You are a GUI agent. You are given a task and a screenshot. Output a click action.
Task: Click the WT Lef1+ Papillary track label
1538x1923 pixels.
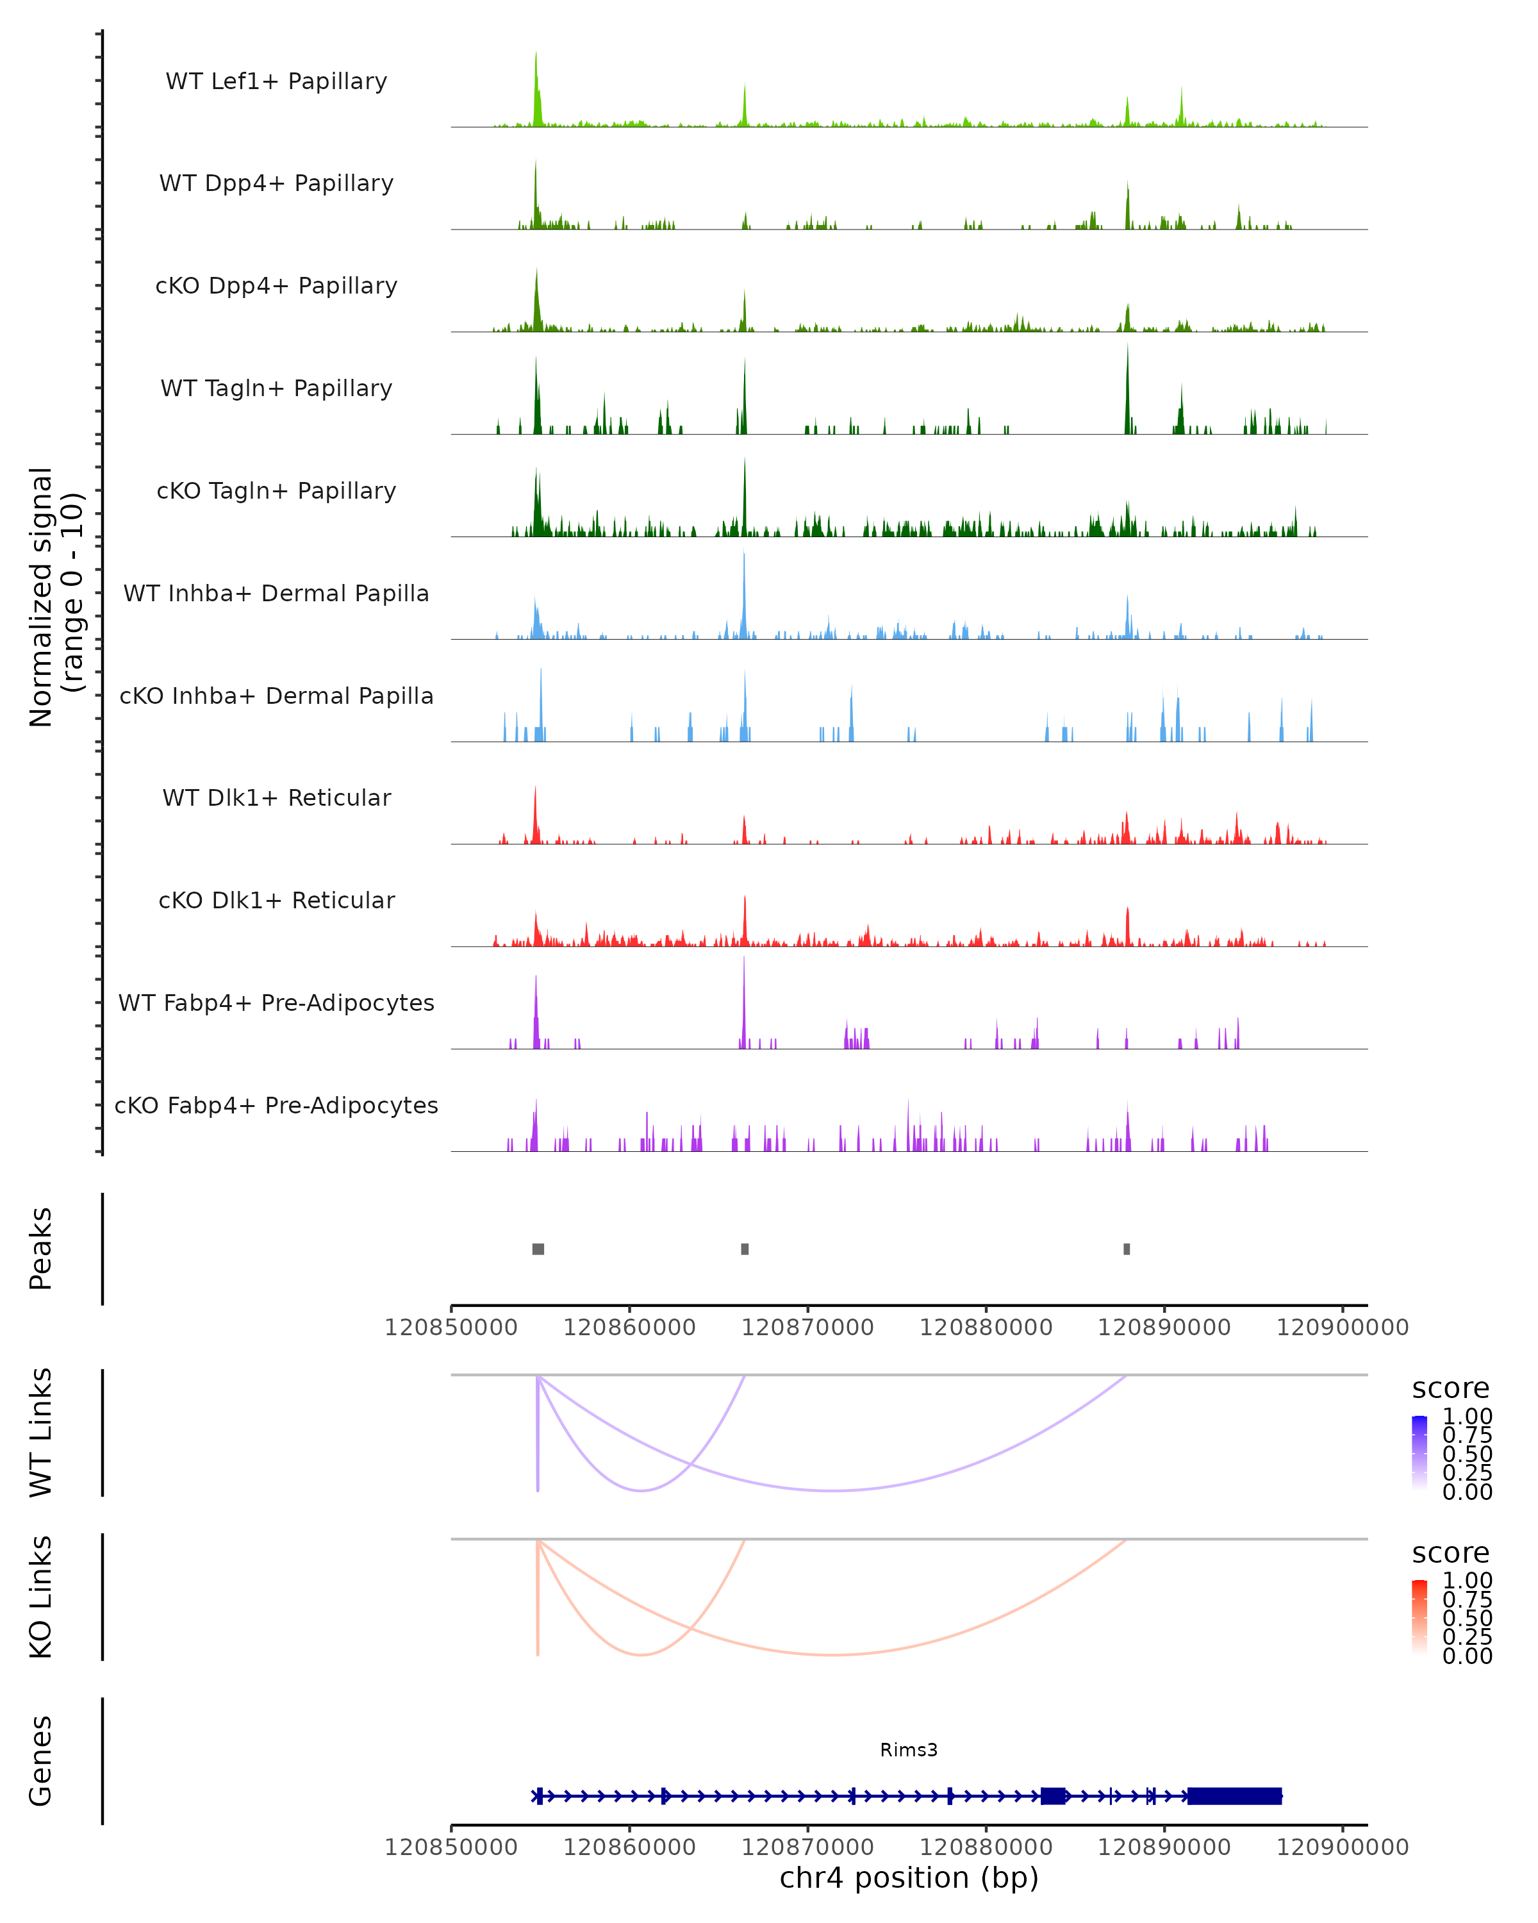pyautogui.click(x=276, y=81)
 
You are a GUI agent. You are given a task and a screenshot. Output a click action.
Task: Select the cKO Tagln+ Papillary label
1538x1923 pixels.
pyautogui.click(x=276, y=490)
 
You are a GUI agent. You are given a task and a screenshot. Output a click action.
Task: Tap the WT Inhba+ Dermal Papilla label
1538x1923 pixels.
pyautogui.click(x=276, y=593)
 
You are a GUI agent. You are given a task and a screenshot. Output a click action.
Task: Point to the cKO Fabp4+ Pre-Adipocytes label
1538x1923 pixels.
pyautogui.click(x=276, y=1105)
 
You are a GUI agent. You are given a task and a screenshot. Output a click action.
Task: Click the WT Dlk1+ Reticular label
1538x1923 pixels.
pyautogui.click(x=276, y=797)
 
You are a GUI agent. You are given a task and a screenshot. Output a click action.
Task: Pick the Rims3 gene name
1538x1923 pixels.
pyautogui.click(x=909, y=1750)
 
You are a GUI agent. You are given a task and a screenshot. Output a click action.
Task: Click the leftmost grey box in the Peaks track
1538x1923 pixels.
pyautogui.click(x=538, y=1249)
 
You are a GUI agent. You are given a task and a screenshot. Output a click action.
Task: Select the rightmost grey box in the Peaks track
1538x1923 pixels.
pyautogui.click(x=1127, y=1249)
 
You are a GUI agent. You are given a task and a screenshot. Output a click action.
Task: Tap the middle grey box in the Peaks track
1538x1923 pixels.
pyautogui.click(x=745, y=1249)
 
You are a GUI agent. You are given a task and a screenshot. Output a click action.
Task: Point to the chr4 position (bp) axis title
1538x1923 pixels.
pyautogui.click(x=909, y=1877)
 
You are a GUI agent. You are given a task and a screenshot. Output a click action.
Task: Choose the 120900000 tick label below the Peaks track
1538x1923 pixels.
pyautogui.click(x=1342, y=1328)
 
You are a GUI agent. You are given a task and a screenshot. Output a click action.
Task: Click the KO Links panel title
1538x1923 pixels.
pyautogui.click(x=41, y=1597)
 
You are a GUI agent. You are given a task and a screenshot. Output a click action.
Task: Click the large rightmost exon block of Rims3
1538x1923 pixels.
pyautogui.click(x=1234, y=1796)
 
